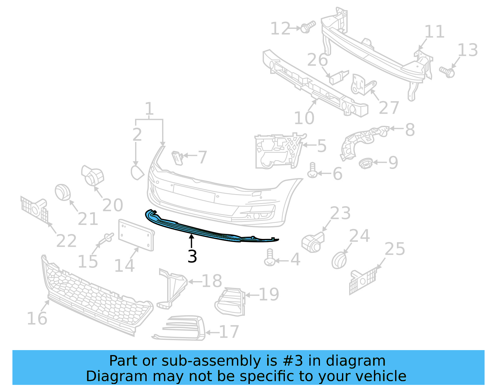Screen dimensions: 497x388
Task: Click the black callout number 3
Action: click(192, 257)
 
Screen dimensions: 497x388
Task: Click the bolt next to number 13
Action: click(447, 72)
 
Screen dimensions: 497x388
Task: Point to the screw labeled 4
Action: click(269, 258)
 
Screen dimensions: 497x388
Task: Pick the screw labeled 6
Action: click(312, 171)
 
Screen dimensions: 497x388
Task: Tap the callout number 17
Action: click(229, 332)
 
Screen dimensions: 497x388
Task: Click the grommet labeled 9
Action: click(366, 163)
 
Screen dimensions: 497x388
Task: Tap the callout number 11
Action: click(434, 32)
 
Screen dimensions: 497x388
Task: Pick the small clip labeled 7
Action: click(177, 157)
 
